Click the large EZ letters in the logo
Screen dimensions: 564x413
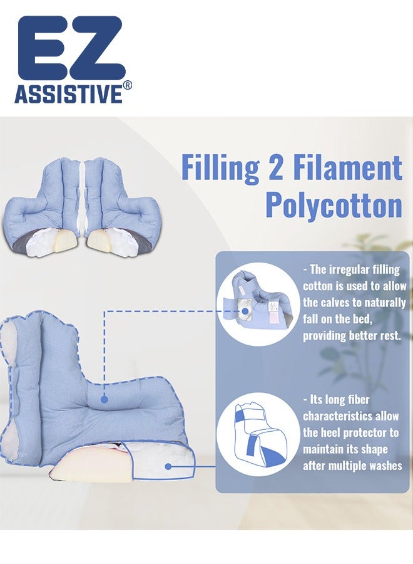click(70, 49)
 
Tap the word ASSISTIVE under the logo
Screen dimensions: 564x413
click(68, 94)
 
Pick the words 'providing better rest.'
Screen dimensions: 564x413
click(352, 335)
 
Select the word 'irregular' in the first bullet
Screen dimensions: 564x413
click(357, 270)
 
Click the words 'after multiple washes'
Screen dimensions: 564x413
click(352, 466)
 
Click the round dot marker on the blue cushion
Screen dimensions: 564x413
click(104, 399)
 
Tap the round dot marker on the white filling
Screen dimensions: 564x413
click(168, 466)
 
